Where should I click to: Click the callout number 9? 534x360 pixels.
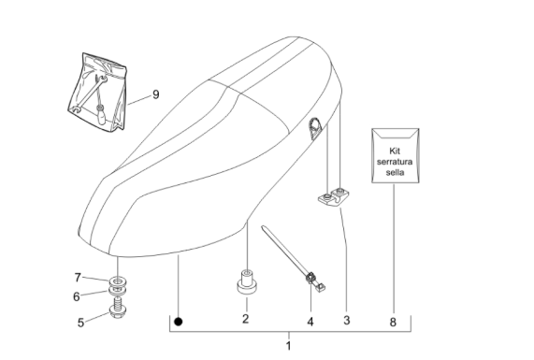155,94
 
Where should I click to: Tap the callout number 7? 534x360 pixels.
78,278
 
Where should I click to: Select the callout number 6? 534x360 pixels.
77,296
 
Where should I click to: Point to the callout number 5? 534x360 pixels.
80,323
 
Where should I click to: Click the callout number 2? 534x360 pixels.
246,319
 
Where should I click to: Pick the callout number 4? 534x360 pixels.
310,322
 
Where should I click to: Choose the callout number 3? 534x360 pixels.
346,320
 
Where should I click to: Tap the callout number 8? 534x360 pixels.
393,322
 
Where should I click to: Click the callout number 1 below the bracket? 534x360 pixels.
288,346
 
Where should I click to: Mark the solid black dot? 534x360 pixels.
178,322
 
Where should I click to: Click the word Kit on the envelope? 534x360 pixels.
395,151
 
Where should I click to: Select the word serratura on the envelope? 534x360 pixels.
395,162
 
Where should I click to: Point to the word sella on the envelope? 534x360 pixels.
395,172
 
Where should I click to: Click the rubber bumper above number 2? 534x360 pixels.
247,281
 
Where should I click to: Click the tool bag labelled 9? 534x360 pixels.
97,92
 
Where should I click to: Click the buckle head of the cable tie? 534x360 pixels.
310,279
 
